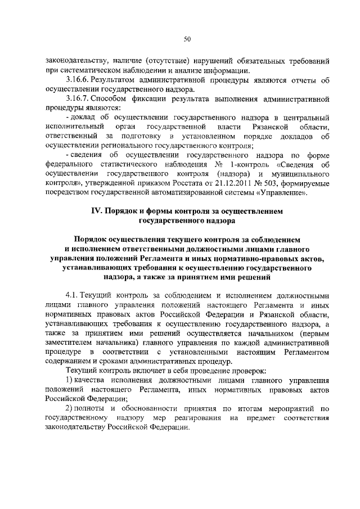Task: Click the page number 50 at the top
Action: click(187, 39)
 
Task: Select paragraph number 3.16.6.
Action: click(78, 80)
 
